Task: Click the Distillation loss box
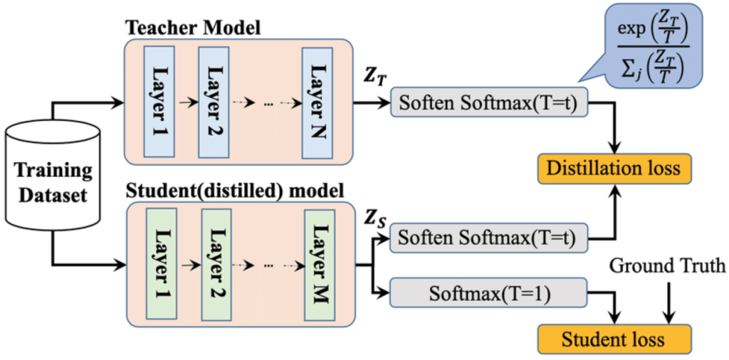pyautogui.click(x=613, y=169)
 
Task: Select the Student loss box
pyautogui.click(x=613, y=339)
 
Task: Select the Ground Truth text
pyautogui.click(x=667, y=266)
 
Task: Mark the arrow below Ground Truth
pyautogui.click(x=667, y=299)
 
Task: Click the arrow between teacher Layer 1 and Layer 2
pyautogui.click(x=185, y=102)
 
